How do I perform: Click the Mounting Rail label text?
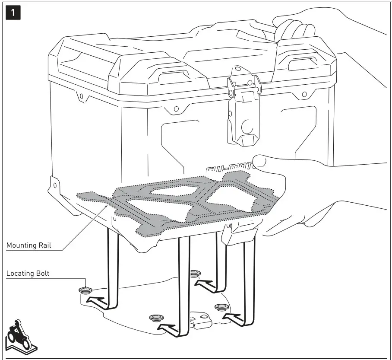(28, 245)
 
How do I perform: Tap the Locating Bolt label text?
(28, 274)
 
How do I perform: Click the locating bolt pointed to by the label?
(85, 290)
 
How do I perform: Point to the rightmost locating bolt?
(221, 306)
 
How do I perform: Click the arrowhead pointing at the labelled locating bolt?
(98, 299)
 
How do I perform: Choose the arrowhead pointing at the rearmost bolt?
(204, 283)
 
